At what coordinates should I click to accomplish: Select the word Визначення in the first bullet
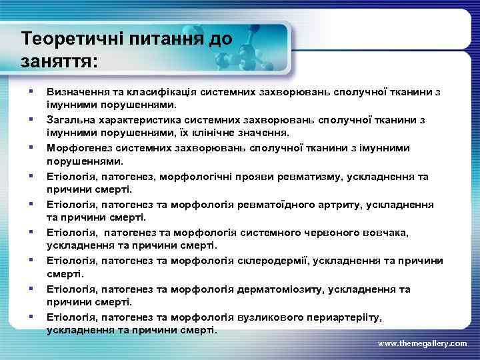(x=77, y=91)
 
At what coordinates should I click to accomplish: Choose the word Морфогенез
(x=77, y=147)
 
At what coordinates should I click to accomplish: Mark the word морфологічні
(x=203, y=176)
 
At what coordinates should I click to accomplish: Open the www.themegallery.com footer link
(x=422, y=343)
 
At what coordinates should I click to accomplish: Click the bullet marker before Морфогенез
(x=31, y=147)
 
